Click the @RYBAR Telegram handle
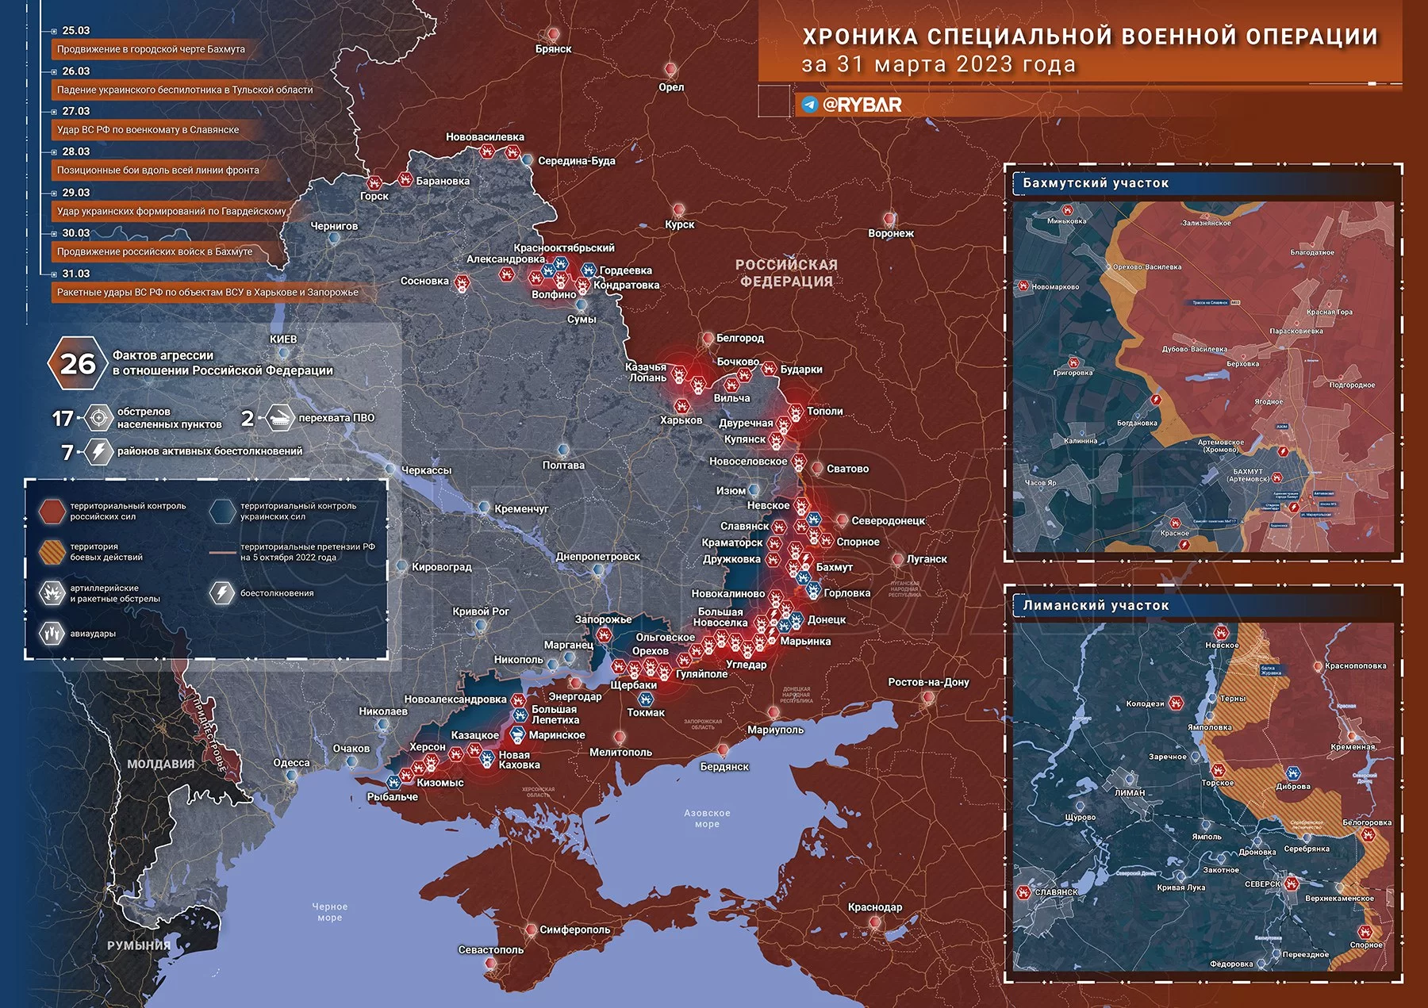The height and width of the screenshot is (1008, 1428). point(862,105)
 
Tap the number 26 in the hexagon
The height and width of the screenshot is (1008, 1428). point(78,364)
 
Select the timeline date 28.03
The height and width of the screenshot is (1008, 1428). point(76,151)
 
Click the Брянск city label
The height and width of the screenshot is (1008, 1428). point(553,49)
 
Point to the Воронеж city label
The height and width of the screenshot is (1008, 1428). point(891,233)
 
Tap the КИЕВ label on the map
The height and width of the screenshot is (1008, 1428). point(283,339)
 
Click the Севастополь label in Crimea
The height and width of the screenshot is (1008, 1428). point(490,949)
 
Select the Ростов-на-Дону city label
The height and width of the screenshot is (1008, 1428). point(928,682)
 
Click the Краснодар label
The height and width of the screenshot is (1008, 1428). point(874,907)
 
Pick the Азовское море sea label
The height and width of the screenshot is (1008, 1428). point(707,818)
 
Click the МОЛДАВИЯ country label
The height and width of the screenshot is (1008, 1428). point(161,764)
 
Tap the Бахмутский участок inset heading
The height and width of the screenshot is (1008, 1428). point(1096,183)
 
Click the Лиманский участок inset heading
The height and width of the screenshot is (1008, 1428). point(1096,606)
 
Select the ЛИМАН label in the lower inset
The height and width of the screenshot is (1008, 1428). point(1130,792)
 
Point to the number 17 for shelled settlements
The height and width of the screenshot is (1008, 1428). point(63,418)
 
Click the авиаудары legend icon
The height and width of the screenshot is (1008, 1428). point(52,634)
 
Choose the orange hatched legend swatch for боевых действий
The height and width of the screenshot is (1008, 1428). point(52,551)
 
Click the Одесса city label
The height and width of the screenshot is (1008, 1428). point(291,763)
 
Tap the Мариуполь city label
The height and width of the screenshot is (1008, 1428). point(775,730)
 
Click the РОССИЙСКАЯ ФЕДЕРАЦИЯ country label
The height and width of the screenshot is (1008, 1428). point(785,273)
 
